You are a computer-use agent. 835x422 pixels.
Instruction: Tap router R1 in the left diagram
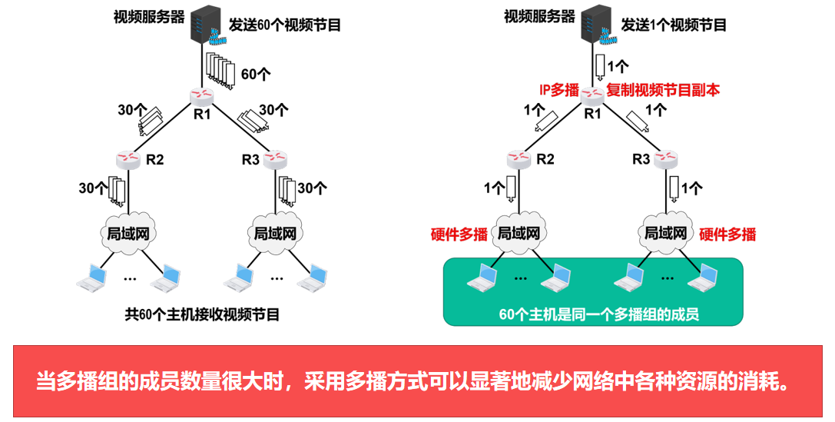point(201,96)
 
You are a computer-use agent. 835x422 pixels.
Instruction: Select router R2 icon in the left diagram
point(128,158)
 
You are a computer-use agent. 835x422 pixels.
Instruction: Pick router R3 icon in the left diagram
point(274,158)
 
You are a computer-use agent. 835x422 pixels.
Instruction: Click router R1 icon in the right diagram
point(592,95)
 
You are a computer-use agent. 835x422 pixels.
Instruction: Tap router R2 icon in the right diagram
point(519,158)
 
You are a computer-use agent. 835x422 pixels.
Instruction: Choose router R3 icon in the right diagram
point(664,158)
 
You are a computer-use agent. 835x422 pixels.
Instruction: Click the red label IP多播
point(558,89)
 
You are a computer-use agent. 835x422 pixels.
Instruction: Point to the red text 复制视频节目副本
point(664,89)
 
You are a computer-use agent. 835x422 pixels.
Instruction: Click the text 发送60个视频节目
point(285,25)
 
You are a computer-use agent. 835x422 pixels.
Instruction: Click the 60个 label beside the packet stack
point(257,75)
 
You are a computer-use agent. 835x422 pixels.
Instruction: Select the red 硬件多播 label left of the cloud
point(459,234)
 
